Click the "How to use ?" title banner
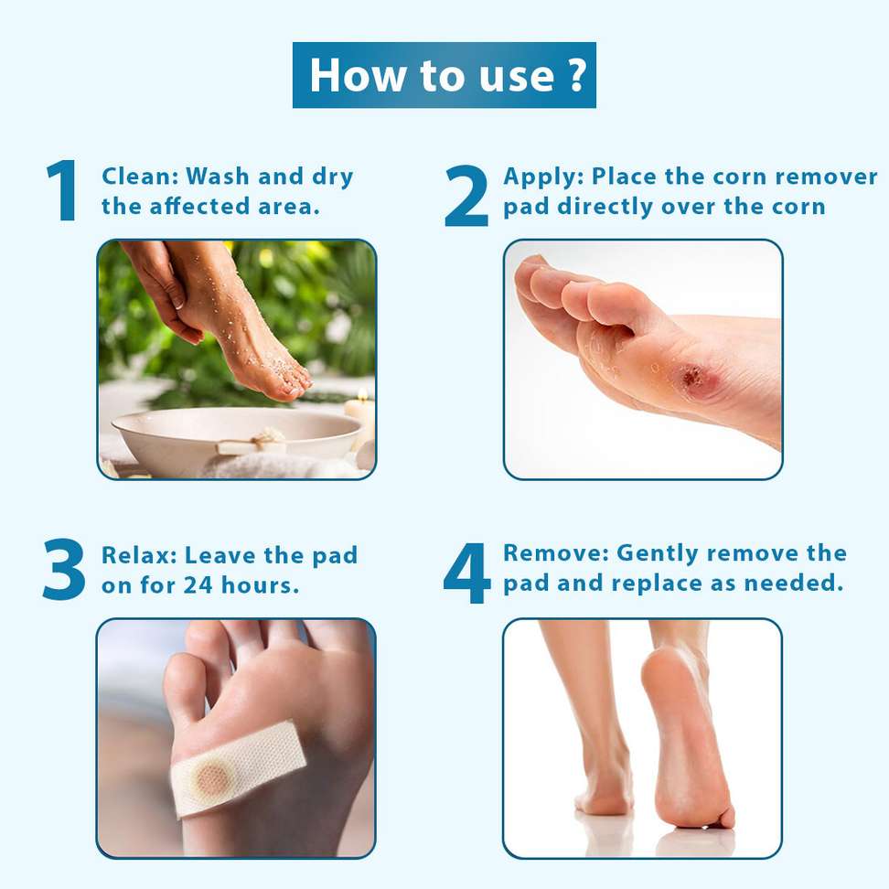point(444,75)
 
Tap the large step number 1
point(62,190)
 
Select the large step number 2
point(466,196)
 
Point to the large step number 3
point(64,569)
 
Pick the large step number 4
point(466,573)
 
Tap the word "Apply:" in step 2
point(543,177)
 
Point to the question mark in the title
point(576,75)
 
